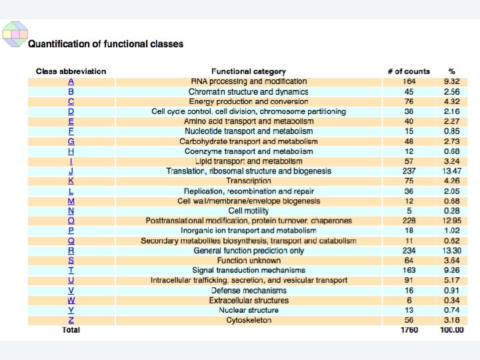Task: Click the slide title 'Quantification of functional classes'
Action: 105,45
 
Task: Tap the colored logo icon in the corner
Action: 15,33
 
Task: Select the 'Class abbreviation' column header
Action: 71,71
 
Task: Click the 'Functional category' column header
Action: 248,71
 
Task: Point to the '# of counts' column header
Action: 408,71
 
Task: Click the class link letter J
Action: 71,171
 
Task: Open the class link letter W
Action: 71,301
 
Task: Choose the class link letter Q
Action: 71,241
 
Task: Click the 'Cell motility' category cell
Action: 248,211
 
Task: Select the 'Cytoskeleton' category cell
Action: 248,321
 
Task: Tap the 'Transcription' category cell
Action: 248,181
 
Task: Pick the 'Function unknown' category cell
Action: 248,261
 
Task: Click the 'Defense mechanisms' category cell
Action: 248,291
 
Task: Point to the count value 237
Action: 409,171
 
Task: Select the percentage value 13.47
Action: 451,171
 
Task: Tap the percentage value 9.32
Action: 451,81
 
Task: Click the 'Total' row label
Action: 71,330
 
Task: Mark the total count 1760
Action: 409,330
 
